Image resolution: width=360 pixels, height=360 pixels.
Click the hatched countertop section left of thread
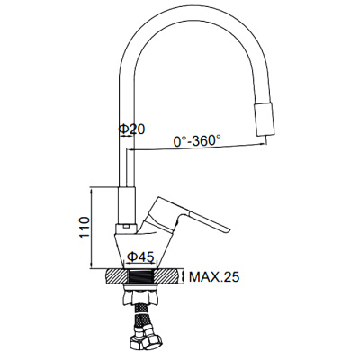pos(115,276)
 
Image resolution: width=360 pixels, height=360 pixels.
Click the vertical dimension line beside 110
pos(94,229)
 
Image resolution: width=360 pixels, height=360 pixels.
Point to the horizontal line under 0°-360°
pos(198,151)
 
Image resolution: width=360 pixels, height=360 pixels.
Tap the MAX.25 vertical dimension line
pos(184,276)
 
